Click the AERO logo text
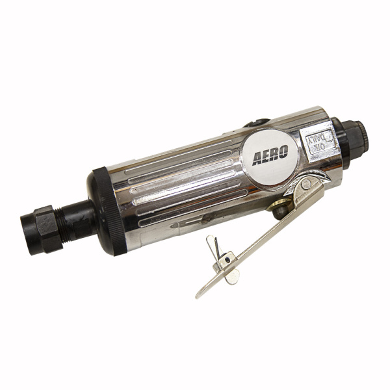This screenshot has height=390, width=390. pyautogui.click(x=270, y=155)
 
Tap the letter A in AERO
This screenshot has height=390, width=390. pyautogui.click(x=257, y=159)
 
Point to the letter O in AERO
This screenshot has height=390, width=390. pyautogui.click(x=283, y=151)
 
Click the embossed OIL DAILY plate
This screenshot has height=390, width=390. pyautogui.click(x=320, y=143)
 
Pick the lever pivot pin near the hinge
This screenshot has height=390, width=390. pyautogui.click(x=306, y=185)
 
